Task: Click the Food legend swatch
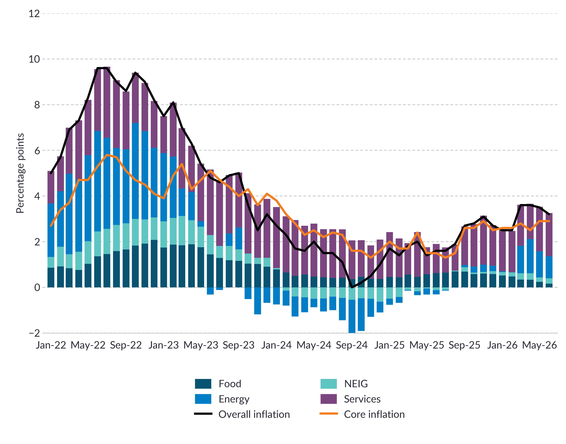coord(203,384)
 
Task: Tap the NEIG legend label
coord(356,384)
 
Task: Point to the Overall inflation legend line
coord(203,414)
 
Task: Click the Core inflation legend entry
coord(362,414)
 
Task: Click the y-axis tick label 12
coord(34,13)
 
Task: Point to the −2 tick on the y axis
coord(34,333)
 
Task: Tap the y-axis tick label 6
coord(37,150)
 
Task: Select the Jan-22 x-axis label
coord(51,345)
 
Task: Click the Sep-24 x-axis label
coord(352,345)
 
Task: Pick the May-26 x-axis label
coord(539,345)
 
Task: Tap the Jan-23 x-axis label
coord(163,345)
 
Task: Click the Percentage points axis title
coord(20,173)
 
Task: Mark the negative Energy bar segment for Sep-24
coord(352,316)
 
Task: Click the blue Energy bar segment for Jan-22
coord(51,230)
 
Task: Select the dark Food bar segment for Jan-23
coord(163,268)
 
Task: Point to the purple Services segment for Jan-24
coord(276,238)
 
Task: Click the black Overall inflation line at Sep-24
coord(352,287)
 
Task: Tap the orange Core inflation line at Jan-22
coord(51,226)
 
